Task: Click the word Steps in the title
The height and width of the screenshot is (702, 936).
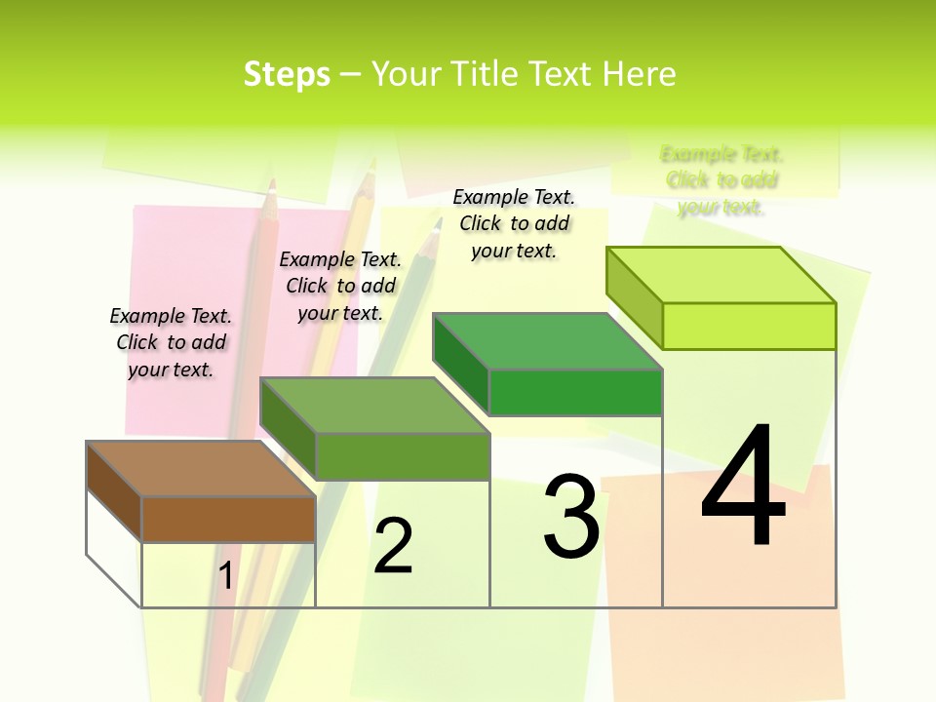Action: point(287,74)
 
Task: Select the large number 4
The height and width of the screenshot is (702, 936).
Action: point(743,487)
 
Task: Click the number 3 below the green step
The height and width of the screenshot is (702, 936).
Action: point(571,517)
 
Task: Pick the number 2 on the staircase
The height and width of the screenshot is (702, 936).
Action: point(393,546)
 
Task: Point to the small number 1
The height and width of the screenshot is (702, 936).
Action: point(226,576)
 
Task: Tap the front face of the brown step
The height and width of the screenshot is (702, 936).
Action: point(228,519)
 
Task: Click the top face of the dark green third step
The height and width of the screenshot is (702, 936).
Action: point(547,341)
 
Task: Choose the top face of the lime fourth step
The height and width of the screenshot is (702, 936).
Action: point(721,275)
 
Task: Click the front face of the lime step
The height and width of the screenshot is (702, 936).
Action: point(749,326)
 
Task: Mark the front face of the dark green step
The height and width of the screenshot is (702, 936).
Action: point(575,392)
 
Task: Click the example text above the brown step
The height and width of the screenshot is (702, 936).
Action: point(172,342)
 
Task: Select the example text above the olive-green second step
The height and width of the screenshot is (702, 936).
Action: point(340,286)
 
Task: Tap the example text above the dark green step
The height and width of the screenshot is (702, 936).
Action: point(514,223)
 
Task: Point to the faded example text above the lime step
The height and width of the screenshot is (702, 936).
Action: point(721,180)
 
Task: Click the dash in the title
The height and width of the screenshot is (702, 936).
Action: point(350,75)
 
